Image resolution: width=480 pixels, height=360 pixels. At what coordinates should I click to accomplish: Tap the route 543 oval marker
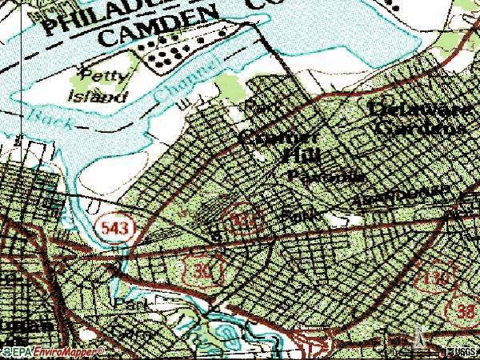pos(117,228)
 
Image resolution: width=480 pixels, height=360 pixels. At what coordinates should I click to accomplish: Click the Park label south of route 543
pos(129,305)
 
